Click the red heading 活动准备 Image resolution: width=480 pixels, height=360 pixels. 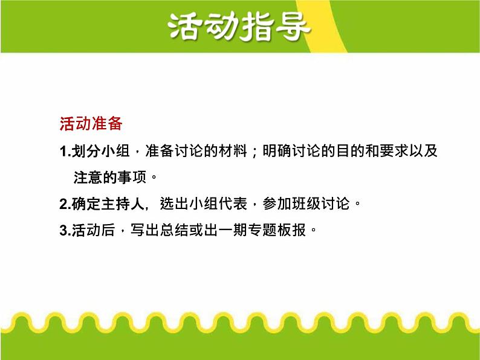click(91, 124)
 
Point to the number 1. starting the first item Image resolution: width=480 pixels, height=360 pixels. click(65, 152)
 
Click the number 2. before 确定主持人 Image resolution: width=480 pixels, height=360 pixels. click(65, 204)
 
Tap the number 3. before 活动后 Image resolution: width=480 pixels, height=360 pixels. click(65, 230)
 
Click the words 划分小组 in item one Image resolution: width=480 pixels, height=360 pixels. click(100, 152)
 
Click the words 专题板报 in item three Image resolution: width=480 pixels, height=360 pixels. click(276, 230)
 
